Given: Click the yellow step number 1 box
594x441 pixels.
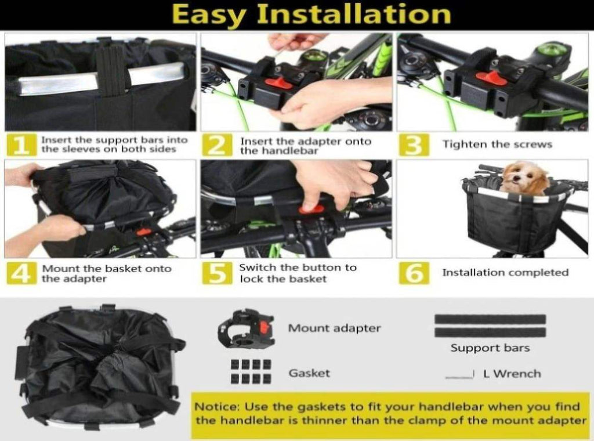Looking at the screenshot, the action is tap(21, 144).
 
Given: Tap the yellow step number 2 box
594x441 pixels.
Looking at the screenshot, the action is tap(217, 144).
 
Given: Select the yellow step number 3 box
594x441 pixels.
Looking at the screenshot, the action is tap(414, 144).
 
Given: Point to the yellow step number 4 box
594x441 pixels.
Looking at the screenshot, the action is tap(21, 273).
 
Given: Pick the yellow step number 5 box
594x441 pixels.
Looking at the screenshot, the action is tap(217, 273).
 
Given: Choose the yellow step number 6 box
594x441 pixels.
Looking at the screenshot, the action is tap(414, 273).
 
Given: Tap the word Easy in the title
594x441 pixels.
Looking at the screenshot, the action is tap(209, 15).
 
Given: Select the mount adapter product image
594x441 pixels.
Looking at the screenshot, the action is tap(246, 328).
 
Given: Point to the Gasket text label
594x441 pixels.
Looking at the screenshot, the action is tap(309, 373).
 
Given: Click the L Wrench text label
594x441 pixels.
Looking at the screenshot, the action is tap(512, 374).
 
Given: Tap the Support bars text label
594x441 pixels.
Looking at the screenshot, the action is tap(490, 348).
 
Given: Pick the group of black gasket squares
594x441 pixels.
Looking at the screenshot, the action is tap(251, 372).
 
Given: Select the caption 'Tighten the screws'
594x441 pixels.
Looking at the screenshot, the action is tap(497, 144).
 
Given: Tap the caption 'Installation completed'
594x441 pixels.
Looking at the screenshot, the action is tap(505, 272).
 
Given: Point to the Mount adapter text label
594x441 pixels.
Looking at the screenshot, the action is tap(335, 328).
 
